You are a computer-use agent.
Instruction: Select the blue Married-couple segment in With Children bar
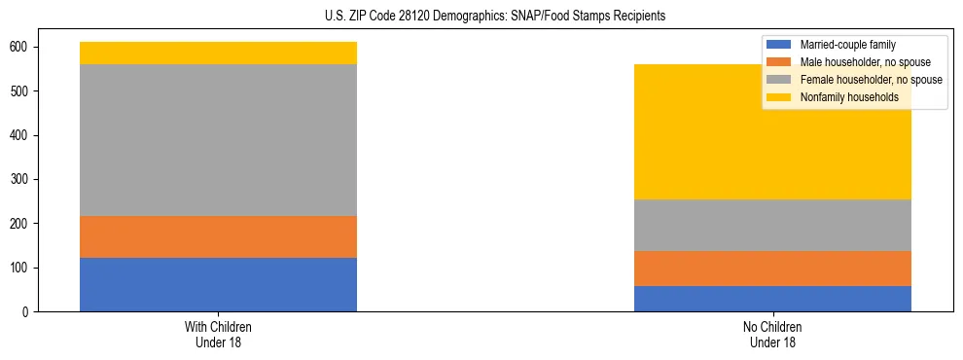click(x=218, y=284)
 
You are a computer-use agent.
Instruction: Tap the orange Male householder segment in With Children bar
click(x=218, y=236)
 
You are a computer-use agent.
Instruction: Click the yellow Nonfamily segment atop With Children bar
click(x=218, y=53)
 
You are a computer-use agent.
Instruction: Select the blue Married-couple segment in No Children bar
click(x=772, y=299)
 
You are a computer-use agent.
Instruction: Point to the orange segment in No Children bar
click(x=772, y=269)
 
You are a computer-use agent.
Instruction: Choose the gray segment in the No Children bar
click(x=772, y=225)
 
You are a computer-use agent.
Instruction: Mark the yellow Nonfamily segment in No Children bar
click(x=772, y=131)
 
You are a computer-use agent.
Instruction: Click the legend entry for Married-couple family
click(x=847, y=45)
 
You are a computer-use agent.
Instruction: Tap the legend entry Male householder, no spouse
click(x=865, y=62)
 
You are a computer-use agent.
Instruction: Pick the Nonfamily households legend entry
click(x=849, y=97)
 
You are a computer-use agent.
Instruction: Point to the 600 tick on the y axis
click(x=25, y=47)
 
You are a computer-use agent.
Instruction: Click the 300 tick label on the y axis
click(x=25, y=179)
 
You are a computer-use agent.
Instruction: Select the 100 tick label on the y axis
click(x=25, y=268)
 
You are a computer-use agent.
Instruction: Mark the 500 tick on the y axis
click(x=25, y=91)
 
